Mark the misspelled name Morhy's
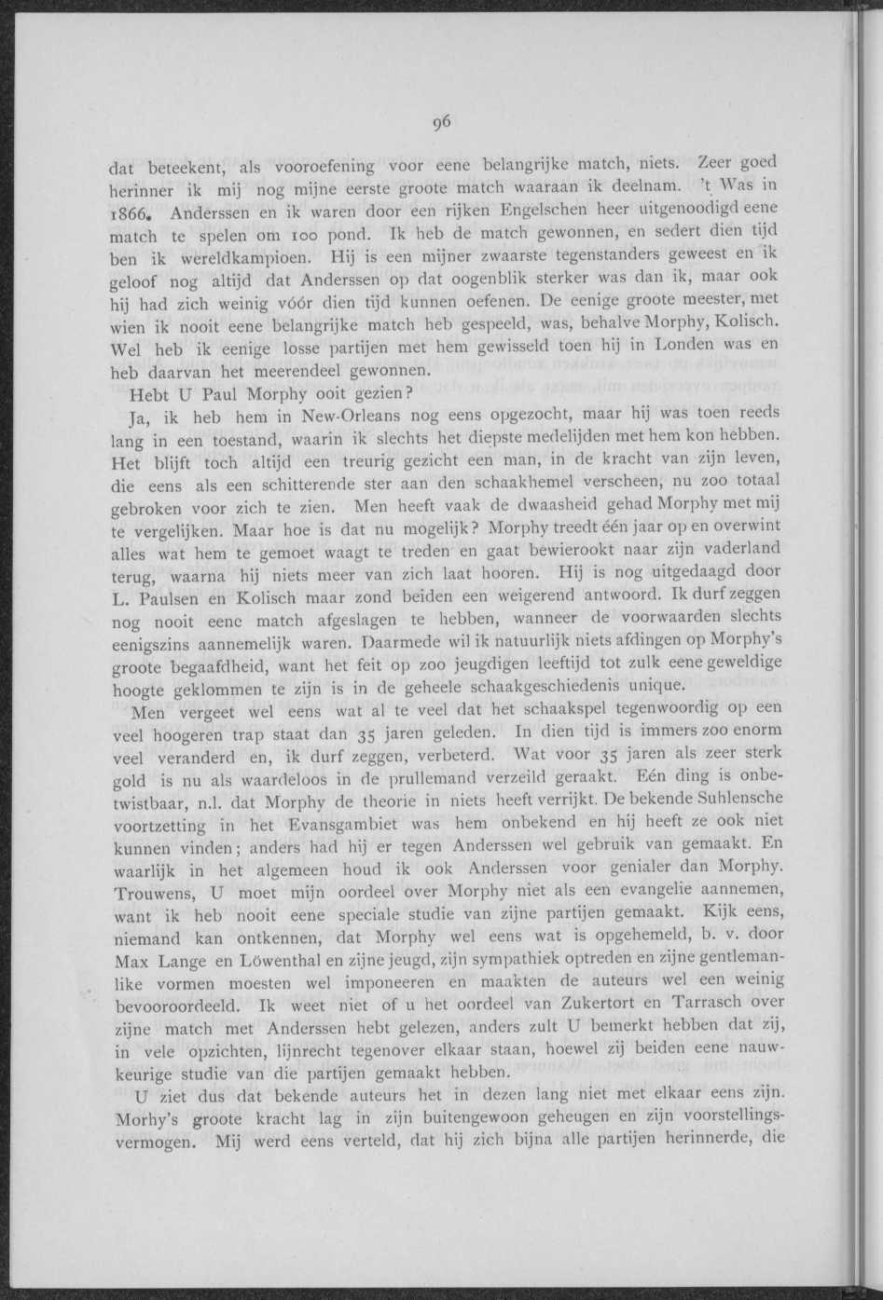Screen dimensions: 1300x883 [x=149, y=1116]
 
